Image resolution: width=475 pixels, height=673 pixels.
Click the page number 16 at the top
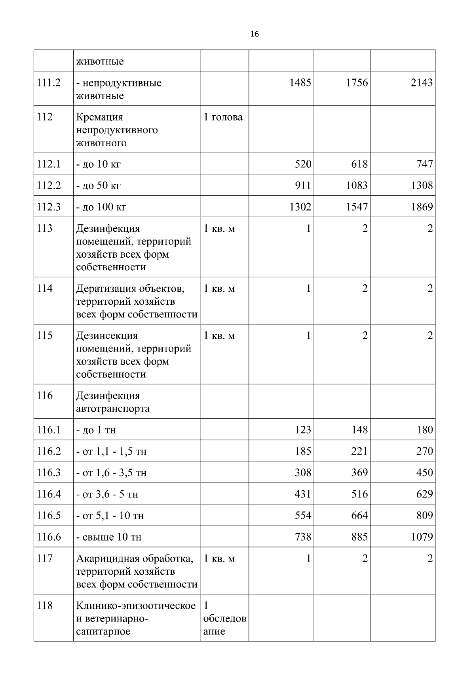255,34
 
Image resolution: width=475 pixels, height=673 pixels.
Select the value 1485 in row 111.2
300,83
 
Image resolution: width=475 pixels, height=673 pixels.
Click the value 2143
422,83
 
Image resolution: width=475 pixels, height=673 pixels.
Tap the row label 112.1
49,164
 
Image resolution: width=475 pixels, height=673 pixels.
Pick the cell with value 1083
357,185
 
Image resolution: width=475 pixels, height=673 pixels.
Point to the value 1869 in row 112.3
422,207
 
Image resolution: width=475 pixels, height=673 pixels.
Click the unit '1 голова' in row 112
223,117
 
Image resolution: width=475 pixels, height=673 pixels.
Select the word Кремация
99,117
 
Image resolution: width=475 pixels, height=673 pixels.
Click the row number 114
45,289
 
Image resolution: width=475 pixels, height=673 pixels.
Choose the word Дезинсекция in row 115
107,336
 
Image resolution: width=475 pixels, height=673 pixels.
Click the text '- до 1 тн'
96,430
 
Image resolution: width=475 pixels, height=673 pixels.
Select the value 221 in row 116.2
359,451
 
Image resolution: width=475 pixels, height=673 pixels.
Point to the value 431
303,494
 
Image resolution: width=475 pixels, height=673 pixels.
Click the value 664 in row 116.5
359,516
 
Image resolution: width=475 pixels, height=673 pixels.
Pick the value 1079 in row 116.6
422,537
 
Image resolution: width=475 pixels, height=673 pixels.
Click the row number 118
45,606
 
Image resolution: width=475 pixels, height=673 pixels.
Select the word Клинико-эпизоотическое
136,606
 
